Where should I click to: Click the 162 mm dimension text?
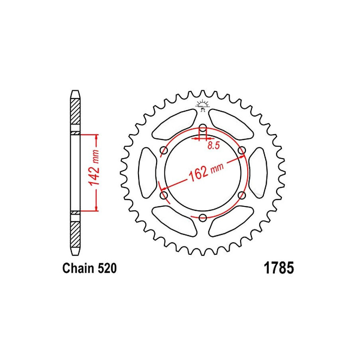[x=206, y=172]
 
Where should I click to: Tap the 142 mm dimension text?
[x=94, y=168]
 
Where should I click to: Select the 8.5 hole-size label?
[x=214, y=146]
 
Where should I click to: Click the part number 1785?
[x=279, y=268]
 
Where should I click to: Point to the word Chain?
[x=78, y=268]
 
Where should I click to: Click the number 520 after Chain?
[x=107, y=268]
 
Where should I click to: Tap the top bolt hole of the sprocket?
[x=203, y=128]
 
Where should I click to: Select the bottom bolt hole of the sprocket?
[x=202, y=218]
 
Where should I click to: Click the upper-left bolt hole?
[x=164, y=151]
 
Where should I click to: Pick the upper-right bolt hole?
[x=242, y=151]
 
